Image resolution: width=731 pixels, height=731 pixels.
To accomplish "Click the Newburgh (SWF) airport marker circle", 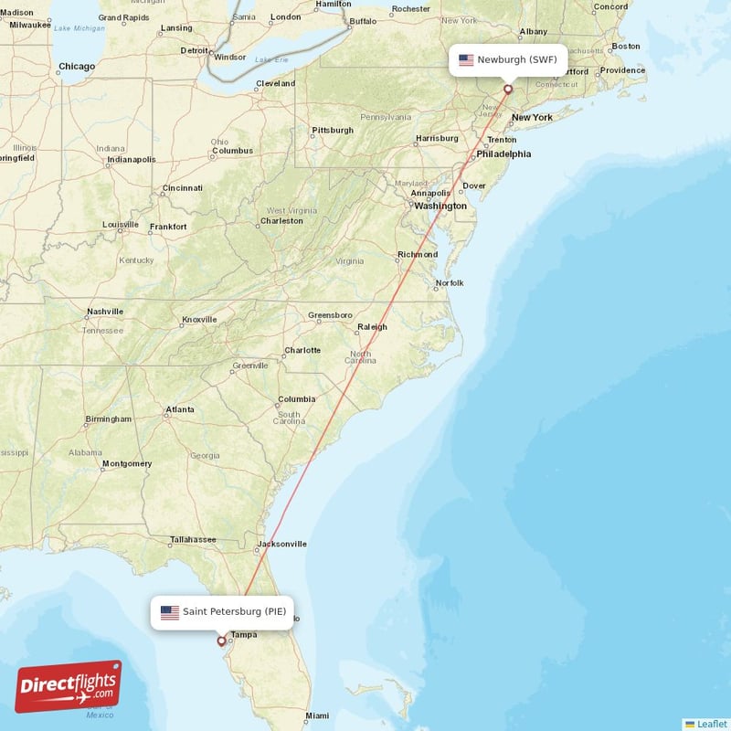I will pyautogui.click(x=508, y=90).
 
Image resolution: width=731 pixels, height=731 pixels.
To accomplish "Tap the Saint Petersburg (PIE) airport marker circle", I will pyautogui.click(x=221, y=641).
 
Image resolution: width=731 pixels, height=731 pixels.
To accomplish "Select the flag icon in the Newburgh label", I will pyautogui.click(x=466, y=60).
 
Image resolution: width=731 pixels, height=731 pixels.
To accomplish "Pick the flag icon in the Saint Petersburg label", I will pyautogui.click(x=170, y=612).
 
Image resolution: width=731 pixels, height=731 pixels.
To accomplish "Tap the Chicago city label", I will pyautogui.click(x=77, y=67).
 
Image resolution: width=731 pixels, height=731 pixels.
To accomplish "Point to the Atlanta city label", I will pyautogui.click(x=179, y=409).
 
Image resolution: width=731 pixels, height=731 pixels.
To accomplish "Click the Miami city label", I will pyautogui.click(x=317, y=715).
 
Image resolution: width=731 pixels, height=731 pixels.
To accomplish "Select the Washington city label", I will pyautogui.click(x=440, y=206).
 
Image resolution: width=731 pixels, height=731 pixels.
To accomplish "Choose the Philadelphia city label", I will pyautogui.click(x=503, y=154).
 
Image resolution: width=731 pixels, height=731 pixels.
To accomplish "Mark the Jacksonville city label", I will pyautogui.click(x=281, y=544).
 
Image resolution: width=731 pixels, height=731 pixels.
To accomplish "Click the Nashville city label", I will pyautogui.click(x=104, y=312).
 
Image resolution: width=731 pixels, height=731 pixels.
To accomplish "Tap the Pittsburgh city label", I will pyautogui.click(x=333, y=131).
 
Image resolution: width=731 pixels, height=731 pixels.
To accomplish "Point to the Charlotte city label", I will pyautogui.click(x=302, y=350).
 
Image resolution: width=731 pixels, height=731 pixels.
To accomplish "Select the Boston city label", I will pyautogui.click(x=626, y=46).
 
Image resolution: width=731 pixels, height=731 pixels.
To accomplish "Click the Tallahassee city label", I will pyautogui.click(x=193, y=539).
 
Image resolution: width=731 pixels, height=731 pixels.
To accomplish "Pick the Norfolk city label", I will pyautogui.click(x=450, y=283).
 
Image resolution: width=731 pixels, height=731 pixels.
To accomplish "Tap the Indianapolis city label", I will pyautogui.click(x=132, y=159).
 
